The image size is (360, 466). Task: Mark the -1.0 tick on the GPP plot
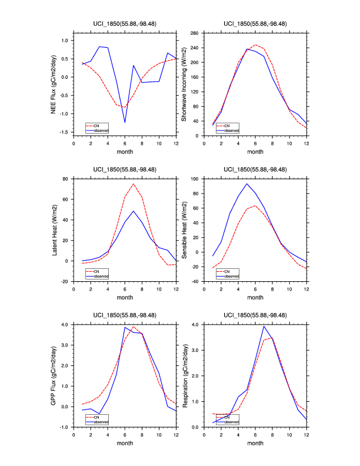[x=63, y=427]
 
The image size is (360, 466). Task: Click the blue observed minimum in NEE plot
[x=125, y=122]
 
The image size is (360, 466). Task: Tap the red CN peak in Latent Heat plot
[x=134, y=184]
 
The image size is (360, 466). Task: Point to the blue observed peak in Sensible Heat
[x=246, y=184]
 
